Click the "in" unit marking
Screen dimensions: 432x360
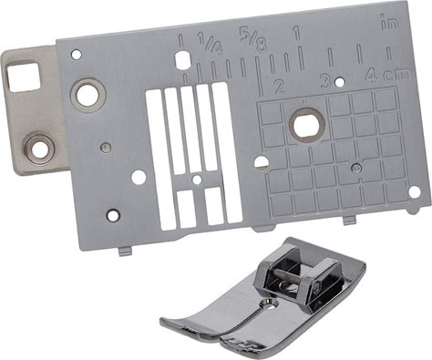(x=389, y=24)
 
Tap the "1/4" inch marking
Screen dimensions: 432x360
(x=210, y=43)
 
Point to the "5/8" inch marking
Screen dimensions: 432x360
(x=252, y=39)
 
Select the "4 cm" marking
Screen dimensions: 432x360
(x=387, y=75)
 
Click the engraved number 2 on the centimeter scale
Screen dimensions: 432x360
(x=279, y=87)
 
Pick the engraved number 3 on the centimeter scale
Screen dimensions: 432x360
(x=325, y=81)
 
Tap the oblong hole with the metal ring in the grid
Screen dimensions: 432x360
(x=306, y=125)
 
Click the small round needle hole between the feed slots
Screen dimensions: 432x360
(x=197, y=180)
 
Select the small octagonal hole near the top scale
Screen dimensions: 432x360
(x=182, y=59)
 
